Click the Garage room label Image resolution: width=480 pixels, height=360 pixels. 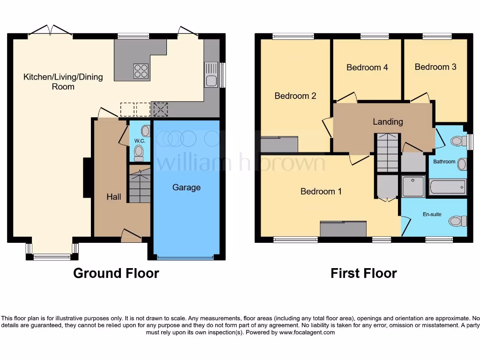(x=186, y=187)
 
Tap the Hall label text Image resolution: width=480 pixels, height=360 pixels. (x=113, y=197)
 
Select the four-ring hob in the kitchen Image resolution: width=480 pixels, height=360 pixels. (x=141, y=71)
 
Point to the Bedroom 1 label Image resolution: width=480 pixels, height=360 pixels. (x=321, y=191)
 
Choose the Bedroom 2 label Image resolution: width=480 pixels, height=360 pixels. (x=295, y=96)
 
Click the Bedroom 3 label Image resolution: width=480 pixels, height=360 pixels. (x=435, y=67)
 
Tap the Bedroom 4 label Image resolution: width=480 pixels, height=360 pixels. (x=367, y=67)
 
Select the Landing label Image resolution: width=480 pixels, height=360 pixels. (x=388, y=122)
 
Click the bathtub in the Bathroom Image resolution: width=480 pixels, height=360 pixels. (x=448, y=187)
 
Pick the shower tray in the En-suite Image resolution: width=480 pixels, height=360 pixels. (x=413, y=186)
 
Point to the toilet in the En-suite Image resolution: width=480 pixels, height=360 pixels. (x=457, y=221)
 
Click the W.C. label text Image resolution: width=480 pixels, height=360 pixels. (x=140, y=141)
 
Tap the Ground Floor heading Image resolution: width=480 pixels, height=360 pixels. (x=116, y=273)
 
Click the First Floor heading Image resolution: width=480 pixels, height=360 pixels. (x=363, y=273)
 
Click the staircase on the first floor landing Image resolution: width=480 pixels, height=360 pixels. (x=387, y=153)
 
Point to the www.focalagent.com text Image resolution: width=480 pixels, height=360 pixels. (x=307, y=332)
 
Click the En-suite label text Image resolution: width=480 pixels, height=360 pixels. (x=432, y=214)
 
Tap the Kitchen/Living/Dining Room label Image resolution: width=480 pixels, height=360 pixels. (x=63, y=82)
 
